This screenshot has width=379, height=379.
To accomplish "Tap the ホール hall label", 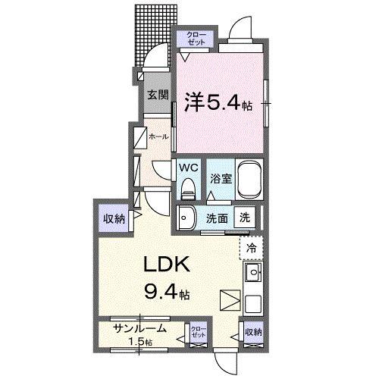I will tap(158, 136).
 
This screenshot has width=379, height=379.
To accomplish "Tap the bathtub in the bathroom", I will tap(249, 179).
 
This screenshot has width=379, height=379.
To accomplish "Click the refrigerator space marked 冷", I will tap(251, 247).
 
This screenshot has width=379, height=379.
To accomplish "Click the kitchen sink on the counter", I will tap(252, 271).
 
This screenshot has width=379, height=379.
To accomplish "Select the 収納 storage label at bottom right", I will tap(252, 331).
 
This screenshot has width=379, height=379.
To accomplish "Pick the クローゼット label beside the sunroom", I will tap(199, 331).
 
